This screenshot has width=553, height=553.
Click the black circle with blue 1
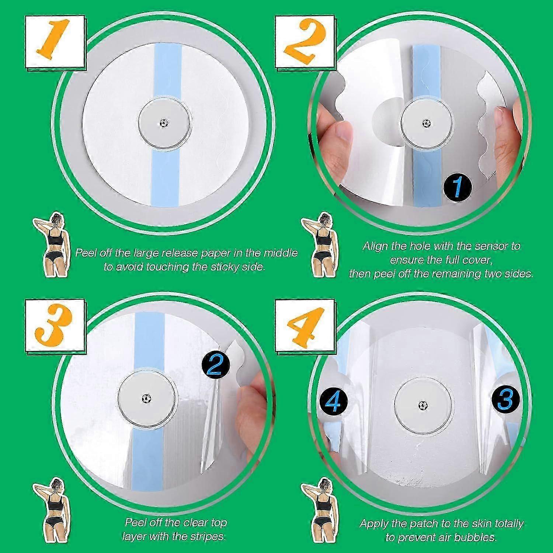(457, 188)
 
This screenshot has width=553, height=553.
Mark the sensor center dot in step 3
(147, 398)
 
